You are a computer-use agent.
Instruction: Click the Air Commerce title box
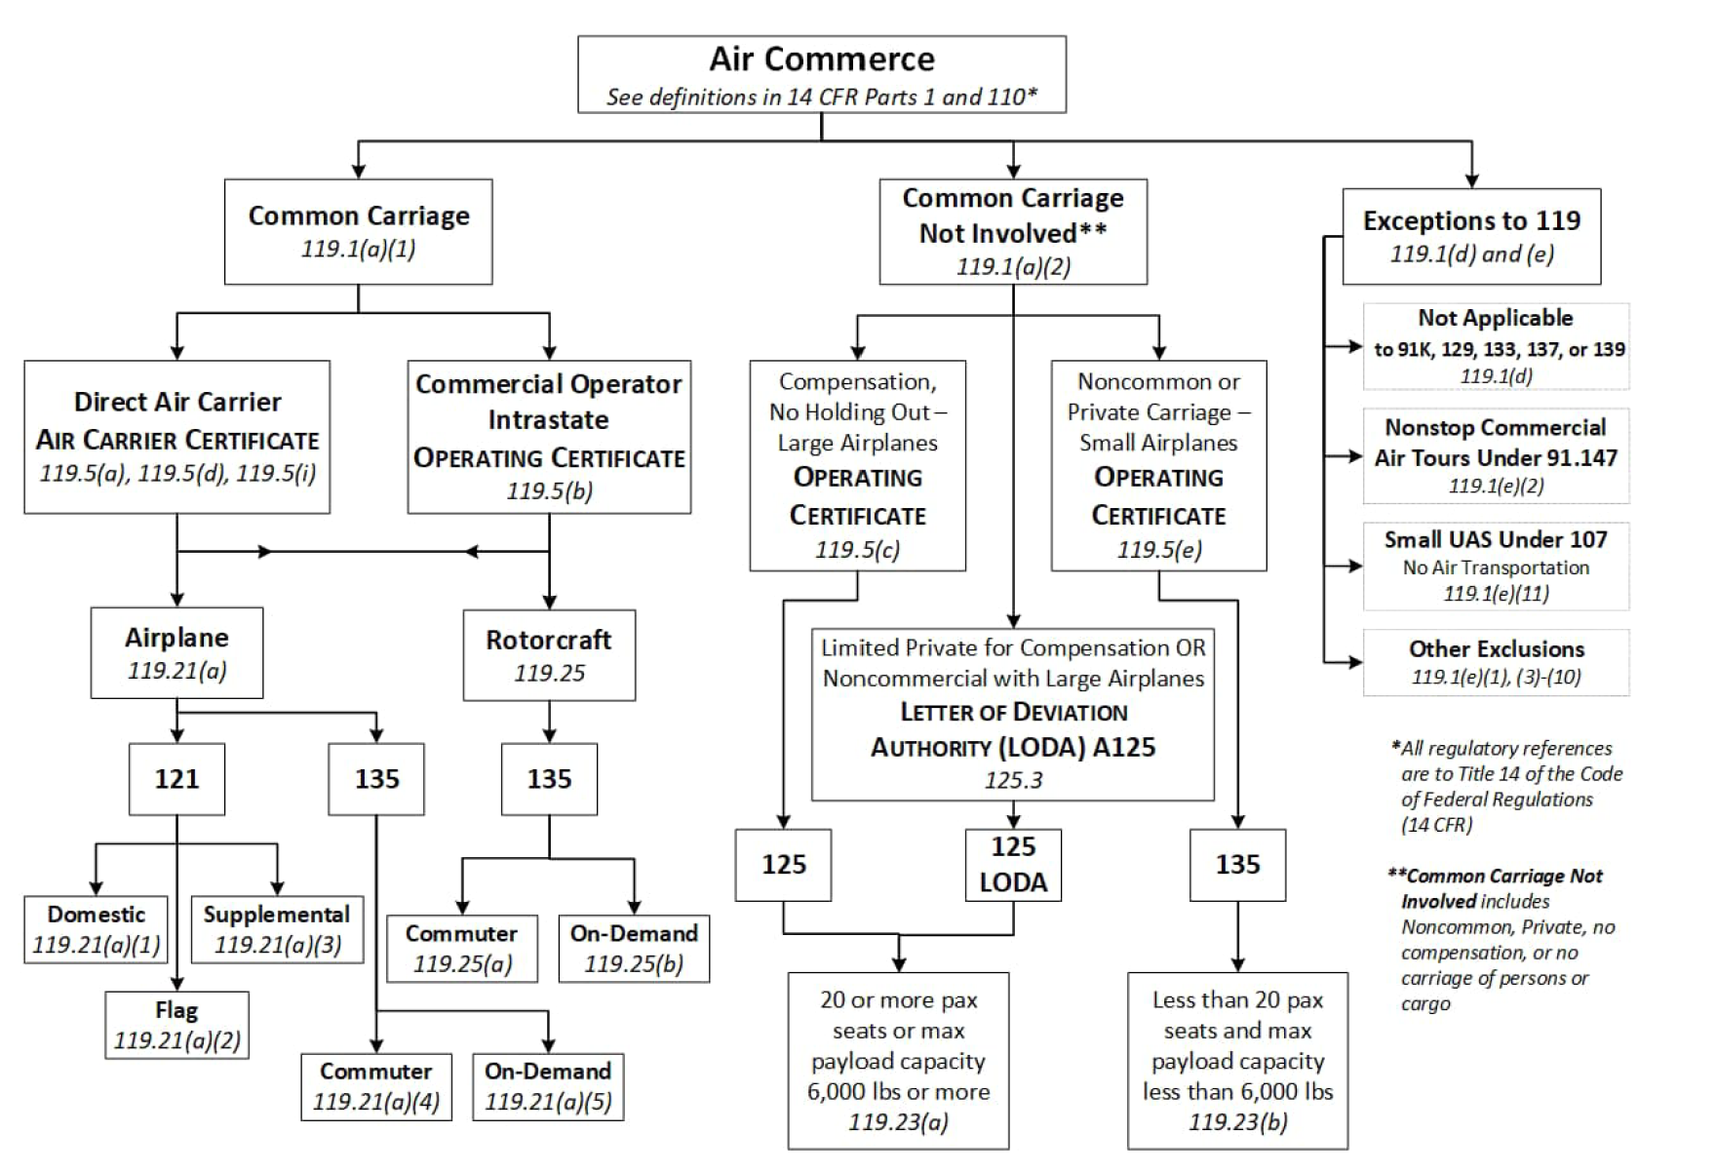[x=821, y=74]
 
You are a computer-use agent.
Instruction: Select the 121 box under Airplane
[x=176, y=778]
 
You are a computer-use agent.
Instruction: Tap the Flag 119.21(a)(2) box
[x=176, y=1025]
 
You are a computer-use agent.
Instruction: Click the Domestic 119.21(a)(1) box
[x=96, y=929]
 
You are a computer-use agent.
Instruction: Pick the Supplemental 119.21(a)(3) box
[x=277, y=929]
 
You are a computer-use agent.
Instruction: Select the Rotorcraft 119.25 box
[x=549, y=654]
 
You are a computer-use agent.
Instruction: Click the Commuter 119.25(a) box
[x=461, y=948]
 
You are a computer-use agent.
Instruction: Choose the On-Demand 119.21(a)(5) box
[x=548, y=1086]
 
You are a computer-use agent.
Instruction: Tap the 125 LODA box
[x=1013, y=864]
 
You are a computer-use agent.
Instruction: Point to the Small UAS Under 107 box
[x=1495, y=566]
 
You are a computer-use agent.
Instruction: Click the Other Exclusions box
[x=1495, y=662]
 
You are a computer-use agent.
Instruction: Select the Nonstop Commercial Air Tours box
[x=1495, y=455]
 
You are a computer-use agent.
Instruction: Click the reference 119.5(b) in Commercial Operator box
[x=549, y=490]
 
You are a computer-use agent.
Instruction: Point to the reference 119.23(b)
[x=1237, y=1121]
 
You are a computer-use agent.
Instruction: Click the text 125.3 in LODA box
[x=1013, y=780]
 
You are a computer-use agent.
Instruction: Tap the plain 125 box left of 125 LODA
[x=783, y=864]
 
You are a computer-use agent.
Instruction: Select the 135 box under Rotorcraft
[x=549, y=778]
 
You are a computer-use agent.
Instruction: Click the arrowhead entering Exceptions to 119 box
[x=1471, y=180]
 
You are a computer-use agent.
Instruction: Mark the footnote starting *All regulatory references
[x=1506, y=786]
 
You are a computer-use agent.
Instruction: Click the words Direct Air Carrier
[x=177, y=402]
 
